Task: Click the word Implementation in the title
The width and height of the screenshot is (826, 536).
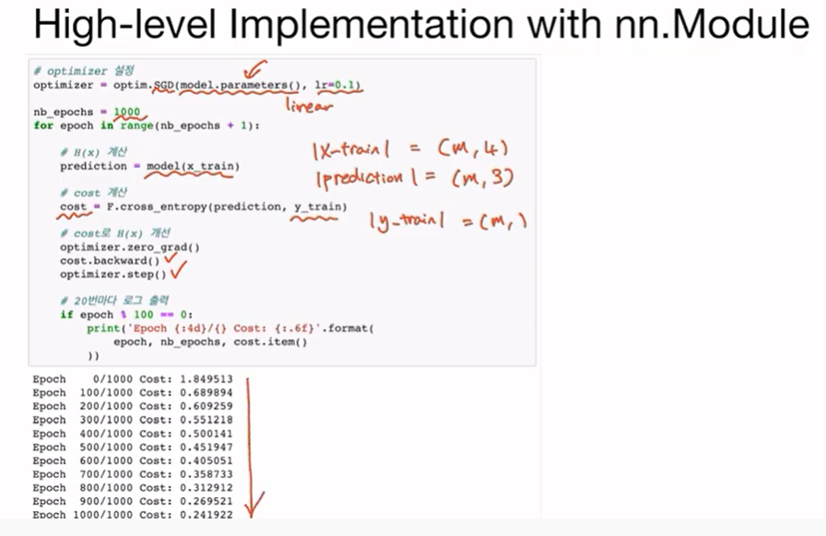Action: (370, 26)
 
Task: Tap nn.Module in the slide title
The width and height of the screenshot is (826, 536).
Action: (705, 26)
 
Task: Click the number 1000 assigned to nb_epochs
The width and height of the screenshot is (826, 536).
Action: (127, 112)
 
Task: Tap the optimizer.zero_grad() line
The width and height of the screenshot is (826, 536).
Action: (130, 247)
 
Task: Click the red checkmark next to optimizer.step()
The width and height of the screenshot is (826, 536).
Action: (181, 273)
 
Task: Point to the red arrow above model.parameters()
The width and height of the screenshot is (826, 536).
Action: (253, 69)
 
